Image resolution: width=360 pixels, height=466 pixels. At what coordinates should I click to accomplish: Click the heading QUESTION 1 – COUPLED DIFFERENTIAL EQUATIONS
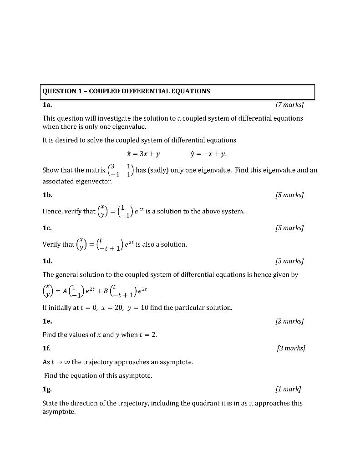[x=126, y=91]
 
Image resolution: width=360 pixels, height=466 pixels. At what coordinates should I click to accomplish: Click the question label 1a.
[x=47, y=105]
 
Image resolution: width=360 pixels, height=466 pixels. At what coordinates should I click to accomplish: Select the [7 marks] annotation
[x=289, y=105]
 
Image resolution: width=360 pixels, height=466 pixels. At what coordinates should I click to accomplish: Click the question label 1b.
[x=47, y=195]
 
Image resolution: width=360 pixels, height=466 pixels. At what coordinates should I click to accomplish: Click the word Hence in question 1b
[x=52, y=212]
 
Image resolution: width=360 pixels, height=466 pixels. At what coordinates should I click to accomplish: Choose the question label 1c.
[x=47, y=228]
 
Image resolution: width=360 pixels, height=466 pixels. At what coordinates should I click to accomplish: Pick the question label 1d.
[x=47, y=261]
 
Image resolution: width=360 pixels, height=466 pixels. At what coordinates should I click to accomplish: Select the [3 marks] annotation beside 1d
[x=289, y=261]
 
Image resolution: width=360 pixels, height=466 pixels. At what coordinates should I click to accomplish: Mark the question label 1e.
[x=47, y=322]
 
